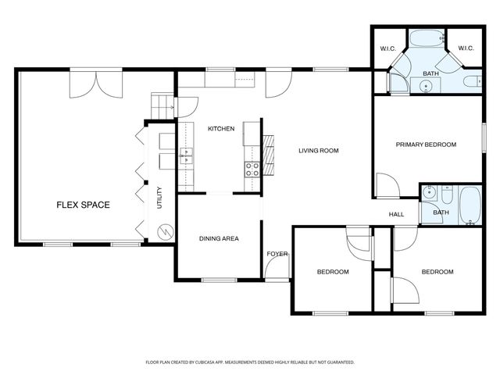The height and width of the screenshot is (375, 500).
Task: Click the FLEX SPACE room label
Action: [x=84, y=205]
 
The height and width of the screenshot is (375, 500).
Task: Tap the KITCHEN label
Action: [x=221, y=128]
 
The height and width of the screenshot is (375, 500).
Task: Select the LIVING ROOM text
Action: [x=319, y=151]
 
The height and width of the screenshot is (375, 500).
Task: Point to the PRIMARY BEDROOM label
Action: [x=426, y=145]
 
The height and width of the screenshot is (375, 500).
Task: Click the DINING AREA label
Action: [x=219, y=238]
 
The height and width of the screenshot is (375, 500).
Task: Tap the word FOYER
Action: [x=277, y=254]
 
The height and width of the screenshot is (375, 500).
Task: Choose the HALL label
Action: [x=396, y=215]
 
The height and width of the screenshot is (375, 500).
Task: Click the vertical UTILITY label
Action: [x=159, y=198]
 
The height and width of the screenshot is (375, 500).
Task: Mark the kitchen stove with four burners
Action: [x=252, y=170]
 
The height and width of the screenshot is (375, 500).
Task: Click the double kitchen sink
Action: [x=186, y=155]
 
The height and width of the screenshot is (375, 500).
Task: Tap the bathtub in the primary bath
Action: [x=427, y=38]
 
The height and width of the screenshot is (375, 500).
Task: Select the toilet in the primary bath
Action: [x=473, y=81]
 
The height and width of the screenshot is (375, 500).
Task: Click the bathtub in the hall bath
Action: [x=470, y=205]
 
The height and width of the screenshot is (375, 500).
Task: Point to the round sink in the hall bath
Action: [x=430, y=192]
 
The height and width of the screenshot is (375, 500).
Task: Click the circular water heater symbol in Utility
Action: [x=166, y=231]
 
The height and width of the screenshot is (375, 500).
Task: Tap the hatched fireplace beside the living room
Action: [x=268, y=155]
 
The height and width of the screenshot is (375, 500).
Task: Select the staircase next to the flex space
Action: [x=162, y=106]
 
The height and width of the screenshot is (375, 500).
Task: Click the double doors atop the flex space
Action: [x=96, y=84]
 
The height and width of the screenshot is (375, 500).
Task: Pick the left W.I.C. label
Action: [x=388, y=48]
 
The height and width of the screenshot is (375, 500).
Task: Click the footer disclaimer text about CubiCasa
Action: [x=250, y=362]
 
